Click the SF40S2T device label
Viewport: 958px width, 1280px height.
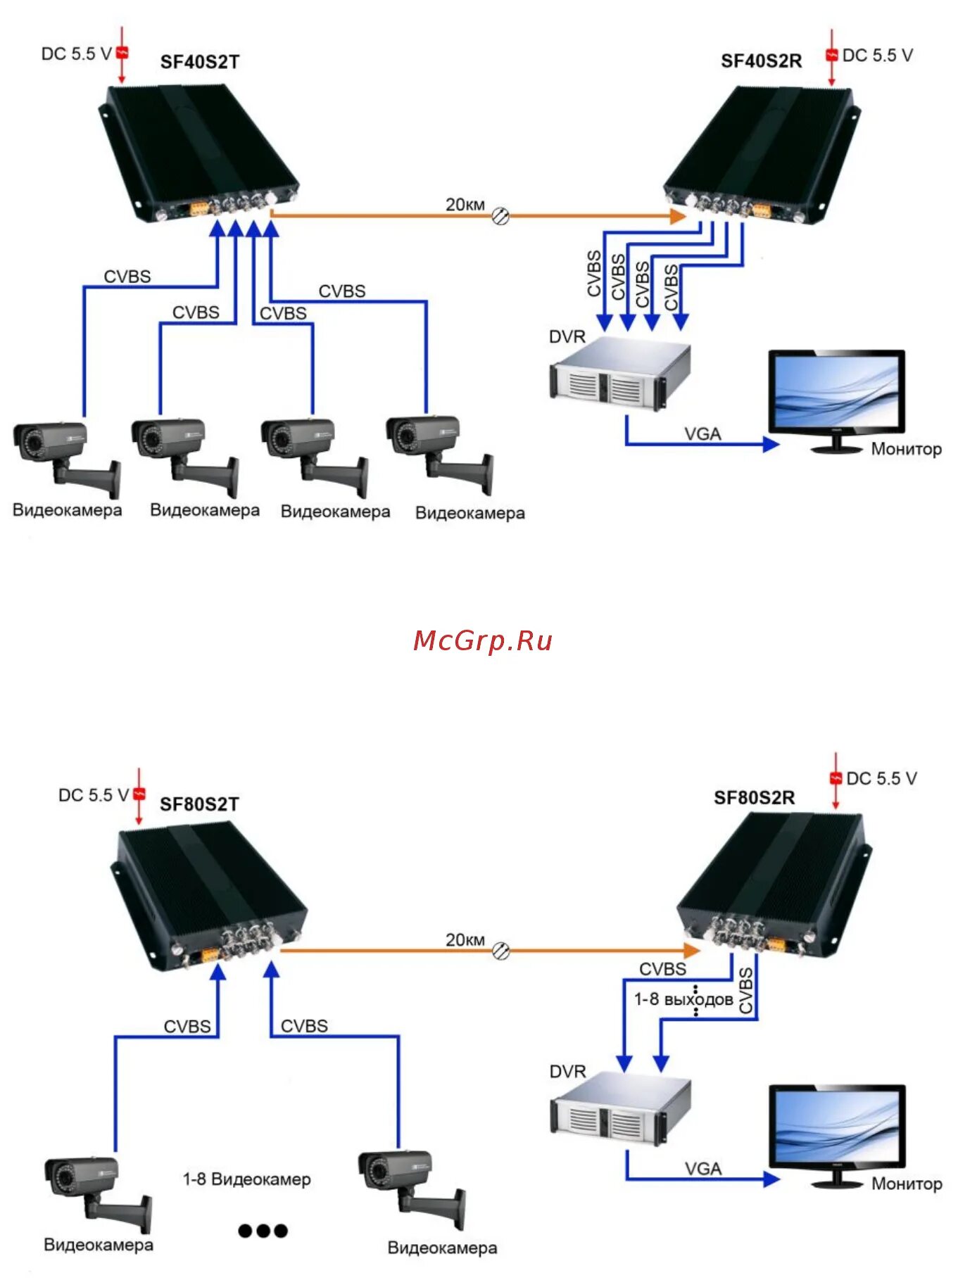(200, 62)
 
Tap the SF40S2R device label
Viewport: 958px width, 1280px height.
(761, 61)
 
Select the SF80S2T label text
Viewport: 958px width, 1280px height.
(199, 804)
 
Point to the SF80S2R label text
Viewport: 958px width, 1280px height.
(754, 797)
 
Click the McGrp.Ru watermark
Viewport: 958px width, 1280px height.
(483, 640)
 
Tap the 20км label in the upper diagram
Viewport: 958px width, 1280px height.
(465, 205)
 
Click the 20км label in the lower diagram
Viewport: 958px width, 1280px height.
(465, 939)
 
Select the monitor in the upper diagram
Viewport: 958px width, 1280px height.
(836, 399)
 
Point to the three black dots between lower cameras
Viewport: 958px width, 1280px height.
(263, 1230)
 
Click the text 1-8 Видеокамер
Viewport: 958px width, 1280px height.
(246, 1179)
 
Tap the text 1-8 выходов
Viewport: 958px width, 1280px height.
(683, 999)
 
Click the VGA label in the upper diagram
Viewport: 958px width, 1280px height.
(702, 434)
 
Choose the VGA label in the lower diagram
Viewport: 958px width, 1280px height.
(702, 1169)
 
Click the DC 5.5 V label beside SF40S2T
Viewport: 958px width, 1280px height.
(76, 54)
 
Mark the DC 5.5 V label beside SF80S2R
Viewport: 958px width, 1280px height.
(881, 778)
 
